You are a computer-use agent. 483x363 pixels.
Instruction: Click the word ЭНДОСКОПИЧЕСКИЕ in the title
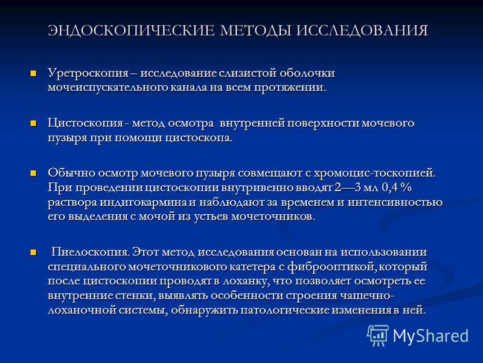(131, 31)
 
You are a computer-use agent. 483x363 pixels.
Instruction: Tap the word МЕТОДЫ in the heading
(255, 31)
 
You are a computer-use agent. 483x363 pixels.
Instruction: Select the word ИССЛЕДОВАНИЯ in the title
(362, 31)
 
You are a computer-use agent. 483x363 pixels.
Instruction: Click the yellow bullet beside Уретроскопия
(33, 73)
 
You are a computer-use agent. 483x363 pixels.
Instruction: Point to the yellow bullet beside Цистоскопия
(33, 123)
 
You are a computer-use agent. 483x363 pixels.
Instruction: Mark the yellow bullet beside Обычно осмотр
(33, 173)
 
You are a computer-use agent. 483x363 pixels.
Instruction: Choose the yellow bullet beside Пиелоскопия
(33, 252)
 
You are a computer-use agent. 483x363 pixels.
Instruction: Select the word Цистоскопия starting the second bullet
(85, 123)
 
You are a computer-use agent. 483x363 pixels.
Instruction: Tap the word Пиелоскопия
(90, 252)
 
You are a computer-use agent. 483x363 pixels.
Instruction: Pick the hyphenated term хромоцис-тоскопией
(375, 173)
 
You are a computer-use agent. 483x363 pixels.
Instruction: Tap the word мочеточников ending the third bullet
(273, 217)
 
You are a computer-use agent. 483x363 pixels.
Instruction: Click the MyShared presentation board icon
(378, 335)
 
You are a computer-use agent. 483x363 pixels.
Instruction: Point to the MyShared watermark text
(430, 336)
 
